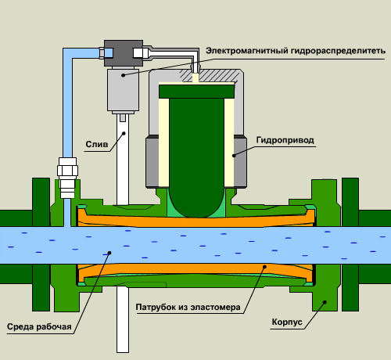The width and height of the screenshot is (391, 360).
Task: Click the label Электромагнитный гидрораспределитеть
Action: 296,51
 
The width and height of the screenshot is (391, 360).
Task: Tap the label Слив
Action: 97,144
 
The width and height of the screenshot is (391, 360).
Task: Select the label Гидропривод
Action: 285,140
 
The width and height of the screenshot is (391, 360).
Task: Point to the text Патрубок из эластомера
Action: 188,307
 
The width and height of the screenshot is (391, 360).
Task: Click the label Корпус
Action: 287,322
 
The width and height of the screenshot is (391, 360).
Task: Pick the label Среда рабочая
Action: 39,326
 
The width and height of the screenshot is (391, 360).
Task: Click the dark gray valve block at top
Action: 124,53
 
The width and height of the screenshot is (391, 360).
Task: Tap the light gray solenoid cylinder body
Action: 123,88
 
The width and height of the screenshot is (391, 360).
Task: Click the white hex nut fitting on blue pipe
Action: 67,171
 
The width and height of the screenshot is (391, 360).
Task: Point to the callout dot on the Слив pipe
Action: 124,133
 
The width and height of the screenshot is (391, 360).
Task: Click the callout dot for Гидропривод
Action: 234,156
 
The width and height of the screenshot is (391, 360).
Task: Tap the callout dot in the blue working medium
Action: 109,253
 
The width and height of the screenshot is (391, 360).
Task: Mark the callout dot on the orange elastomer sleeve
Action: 264,267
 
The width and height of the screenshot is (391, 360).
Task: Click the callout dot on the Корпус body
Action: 325,302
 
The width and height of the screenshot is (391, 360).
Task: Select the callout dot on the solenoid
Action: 123,75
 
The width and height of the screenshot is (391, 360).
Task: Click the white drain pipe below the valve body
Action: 123,319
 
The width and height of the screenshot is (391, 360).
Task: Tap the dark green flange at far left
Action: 41,244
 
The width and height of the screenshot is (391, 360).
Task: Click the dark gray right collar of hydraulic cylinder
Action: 240,162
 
